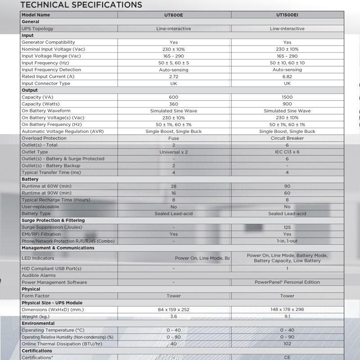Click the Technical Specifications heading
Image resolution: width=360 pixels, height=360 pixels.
click(81, 5)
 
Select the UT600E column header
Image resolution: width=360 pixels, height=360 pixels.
click(174, 15)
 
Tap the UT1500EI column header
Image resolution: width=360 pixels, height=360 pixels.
click(287, 15)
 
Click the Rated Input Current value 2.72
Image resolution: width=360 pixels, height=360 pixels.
click(174, 76)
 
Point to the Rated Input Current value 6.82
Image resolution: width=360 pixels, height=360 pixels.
click(287, 76)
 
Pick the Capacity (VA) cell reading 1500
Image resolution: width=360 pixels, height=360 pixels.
click(287, 97)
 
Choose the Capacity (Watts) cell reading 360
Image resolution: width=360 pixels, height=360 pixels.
click(174, 104)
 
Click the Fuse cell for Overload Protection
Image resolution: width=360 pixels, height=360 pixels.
click(174, 138)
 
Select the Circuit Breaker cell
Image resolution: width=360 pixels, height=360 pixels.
click(287, 138)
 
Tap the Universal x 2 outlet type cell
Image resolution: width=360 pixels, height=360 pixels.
click(174, 152)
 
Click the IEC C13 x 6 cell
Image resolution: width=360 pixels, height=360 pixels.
click(287, 152)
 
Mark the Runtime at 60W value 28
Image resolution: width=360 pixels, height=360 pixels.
click(174, 186)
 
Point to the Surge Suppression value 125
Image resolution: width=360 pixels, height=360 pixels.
click(287, 227)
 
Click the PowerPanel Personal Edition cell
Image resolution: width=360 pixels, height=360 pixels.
click(287, 282)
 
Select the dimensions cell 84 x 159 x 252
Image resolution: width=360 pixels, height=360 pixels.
click(174, 310)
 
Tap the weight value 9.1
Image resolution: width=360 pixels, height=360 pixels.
click(287, 316)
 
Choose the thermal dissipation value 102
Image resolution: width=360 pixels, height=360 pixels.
click(287, 344)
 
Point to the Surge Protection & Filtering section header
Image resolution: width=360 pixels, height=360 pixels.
click(53, 220)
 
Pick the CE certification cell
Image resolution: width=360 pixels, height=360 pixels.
click(287, 357)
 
